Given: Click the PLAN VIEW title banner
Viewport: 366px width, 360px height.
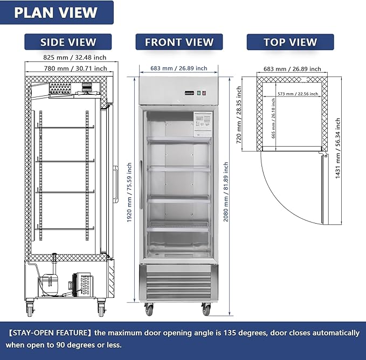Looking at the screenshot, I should click(x=56, y=12).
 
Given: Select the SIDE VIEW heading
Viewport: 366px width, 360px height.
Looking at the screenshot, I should click(x=68, y=42).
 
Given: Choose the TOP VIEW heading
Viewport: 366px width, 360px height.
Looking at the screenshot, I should click(x=290, y=42).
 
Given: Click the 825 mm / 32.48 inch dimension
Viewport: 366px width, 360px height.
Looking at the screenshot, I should click(x=67, y=57).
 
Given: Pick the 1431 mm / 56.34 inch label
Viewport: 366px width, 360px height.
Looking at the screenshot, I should click(x=337, y=149).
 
